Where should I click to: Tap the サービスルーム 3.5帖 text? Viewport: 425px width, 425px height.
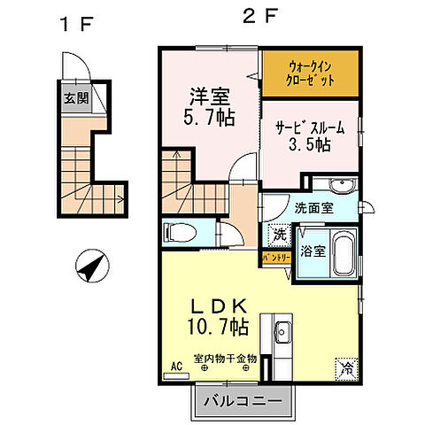(308, 135)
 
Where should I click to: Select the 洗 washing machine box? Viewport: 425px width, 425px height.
(277, 236)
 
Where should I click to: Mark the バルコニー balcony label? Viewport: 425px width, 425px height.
(243, 401)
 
